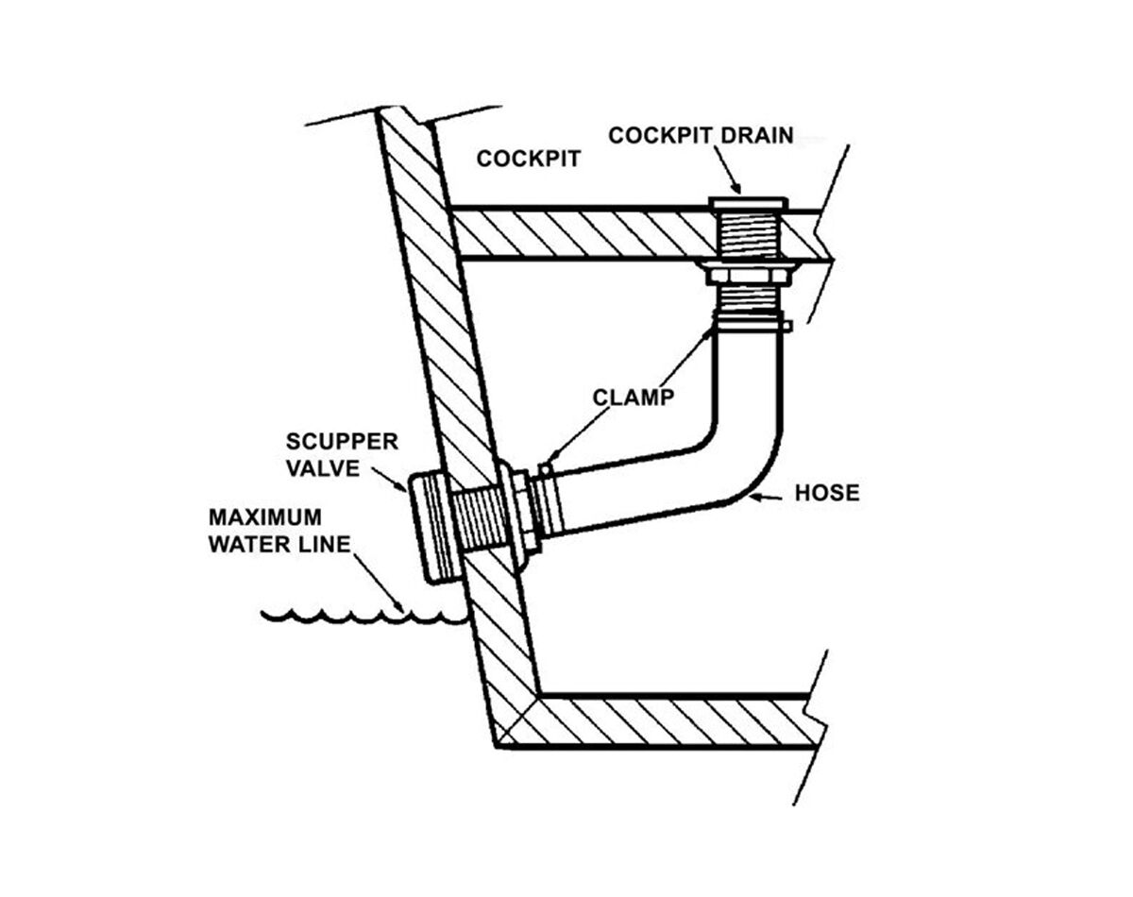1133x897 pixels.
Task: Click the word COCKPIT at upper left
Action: [x=528, y=158]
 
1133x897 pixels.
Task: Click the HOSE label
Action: [x=827, y=492]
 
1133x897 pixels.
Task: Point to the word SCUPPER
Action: [x=342, y=442]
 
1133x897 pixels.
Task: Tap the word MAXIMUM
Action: [x=264, y=517]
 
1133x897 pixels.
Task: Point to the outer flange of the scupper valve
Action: [x=421, y=529]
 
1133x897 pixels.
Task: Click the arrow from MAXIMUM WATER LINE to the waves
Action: [x=382, y=581]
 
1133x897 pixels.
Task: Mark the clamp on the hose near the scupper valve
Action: [x=546, y=500]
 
